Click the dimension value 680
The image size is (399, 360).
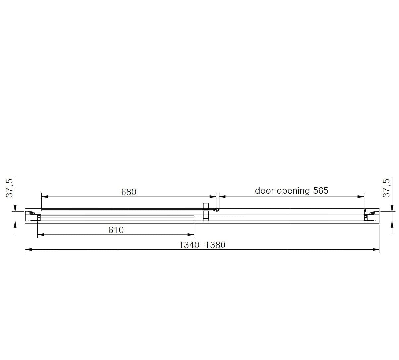[x=129, y=192]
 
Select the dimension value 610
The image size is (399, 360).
[x=116, y=230]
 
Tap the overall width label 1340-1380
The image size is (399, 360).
[x=202, y=245]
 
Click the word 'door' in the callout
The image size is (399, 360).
[x=264, y=191]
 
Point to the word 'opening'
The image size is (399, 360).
[x=293, y=191]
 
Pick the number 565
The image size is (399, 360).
[x=321, y=191]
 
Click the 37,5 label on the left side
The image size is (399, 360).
[x=9, y=188]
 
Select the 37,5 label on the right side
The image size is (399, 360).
[x=386, y=188]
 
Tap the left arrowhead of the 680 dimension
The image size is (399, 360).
[x=45, y=197]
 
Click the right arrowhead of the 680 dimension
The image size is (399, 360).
[x=213, y=197]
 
